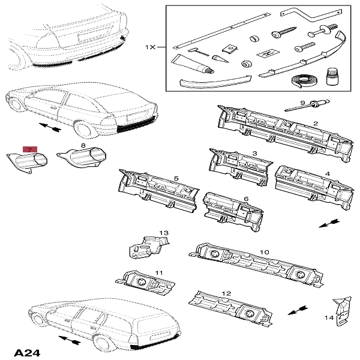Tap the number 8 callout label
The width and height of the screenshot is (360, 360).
pyautogui.click(x=83, y=146)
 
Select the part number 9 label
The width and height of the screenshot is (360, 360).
pyautogui.click(x=302, y=103)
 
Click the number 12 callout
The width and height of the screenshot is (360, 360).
pyautogui.click(x=226, y=293)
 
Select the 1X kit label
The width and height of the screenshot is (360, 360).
pyautogui.click(x=150, y=46)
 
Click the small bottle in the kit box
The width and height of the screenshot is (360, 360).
pyautogui.click(x=331, y=76)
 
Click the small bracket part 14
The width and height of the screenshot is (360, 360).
pyautogui.click(x=342, y=308)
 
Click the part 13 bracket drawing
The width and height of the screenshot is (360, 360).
pyautogui.click(x=148, y=245)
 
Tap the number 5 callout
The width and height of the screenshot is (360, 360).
pyautogui.click(x=176, y=178)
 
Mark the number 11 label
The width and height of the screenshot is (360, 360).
pyautogui.click(x=159, y=273)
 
